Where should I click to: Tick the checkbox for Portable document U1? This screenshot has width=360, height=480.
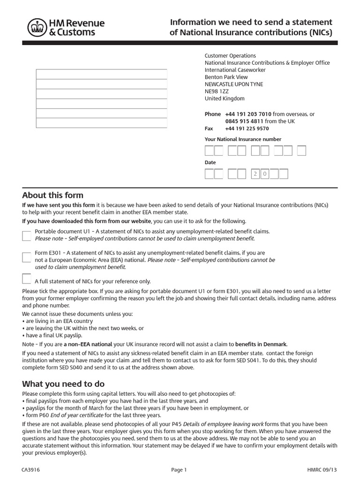[27, 235]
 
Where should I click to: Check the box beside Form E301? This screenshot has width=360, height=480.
[27, 256]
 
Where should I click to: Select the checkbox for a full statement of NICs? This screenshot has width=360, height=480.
[27, 278]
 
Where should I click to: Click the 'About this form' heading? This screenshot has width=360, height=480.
[52, 195]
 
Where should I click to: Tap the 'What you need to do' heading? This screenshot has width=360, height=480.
[63, 384]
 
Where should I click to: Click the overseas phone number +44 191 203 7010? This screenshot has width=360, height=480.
[248, 114]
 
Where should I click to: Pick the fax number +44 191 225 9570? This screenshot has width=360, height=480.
[247, 128]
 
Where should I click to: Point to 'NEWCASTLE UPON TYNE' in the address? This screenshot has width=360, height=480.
[233, 84]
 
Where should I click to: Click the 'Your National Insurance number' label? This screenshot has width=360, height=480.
[243, 139]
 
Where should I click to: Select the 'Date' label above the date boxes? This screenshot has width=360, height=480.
[210, 162]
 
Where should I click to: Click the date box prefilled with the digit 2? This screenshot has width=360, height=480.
[256, 174]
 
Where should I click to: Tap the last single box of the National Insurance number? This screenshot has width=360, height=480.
[302, 151]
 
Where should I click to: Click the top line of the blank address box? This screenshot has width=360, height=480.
[102, 74]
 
